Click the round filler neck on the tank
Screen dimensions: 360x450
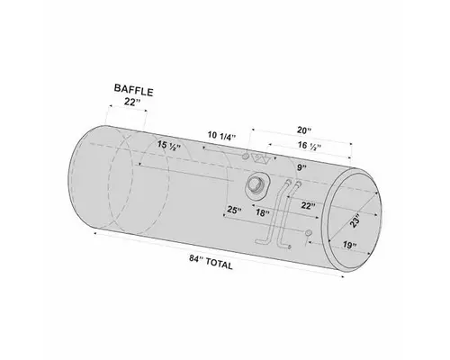[x=256, y=187]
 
